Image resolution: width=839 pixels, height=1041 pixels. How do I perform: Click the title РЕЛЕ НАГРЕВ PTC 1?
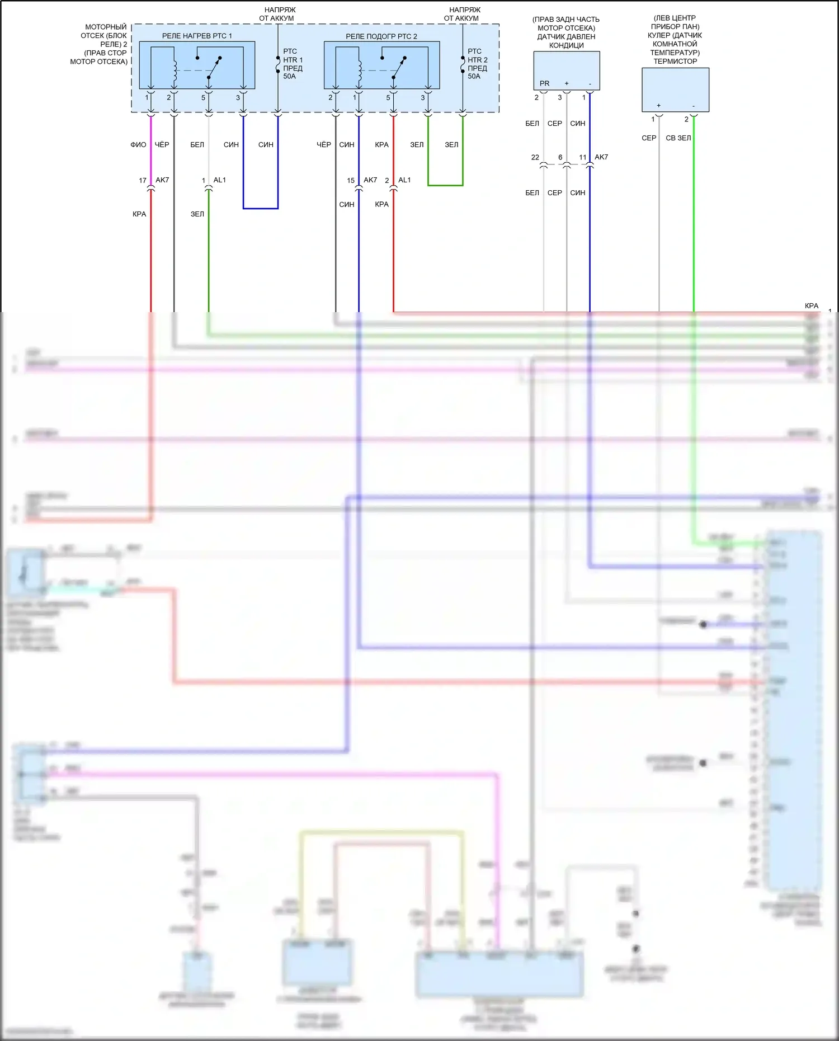pos(197,36)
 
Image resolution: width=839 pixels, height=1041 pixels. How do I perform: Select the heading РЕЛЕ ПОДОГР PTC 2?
pos(381,36)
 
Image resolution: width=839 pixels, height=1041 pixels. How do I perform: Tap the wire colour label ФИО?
pos(138,145)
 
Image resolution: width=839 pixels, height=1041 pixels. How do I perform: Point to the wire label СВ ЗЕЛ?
pos(678,138)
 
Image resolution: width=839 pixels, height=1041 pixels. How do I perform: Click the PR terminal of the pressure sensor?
pos(544,84)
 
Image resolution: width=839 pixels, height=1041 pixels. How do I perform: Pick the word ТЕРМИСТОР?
pos(675,62)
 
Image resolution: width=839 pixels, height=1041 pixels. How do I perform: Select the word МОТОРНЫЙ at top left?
pos(106,27)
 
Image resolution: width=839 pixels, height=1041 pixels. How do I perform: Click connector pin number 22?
pos(535,158)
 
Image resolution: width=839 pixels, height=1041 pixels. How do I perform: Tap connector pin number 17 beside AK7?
pos(143,181)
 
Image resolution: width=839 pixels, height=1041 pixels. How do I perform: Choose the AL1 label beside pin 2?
pos(404,180)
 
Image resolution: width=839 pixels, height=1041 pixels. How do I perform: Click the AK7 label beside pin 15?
pos(370,180)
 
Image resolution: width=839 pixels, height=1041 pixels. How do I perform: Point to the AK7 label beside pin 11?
pos(601,157)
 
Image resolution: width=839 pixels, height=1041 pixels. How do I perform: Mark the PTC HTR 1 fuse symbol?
pos(278,65)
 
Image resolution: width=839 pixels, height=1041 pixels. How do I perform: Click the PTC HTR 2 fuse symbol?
pos(463,65)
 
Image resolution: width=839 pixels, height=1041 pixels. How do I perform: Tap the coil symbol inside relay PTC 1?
pos(175,70)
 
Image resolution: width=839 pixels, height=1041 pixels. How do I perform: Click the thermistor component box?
pos(675,90)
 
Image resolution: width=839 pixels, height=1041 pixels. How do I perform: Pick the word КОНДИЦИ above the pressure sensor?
pos(566,45)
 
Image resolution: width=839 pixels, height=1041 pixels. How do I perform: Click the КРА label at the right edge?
pos(811,306)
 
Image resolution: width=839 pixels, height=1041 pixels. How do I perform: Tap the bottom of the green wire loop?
pos(445,185)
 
